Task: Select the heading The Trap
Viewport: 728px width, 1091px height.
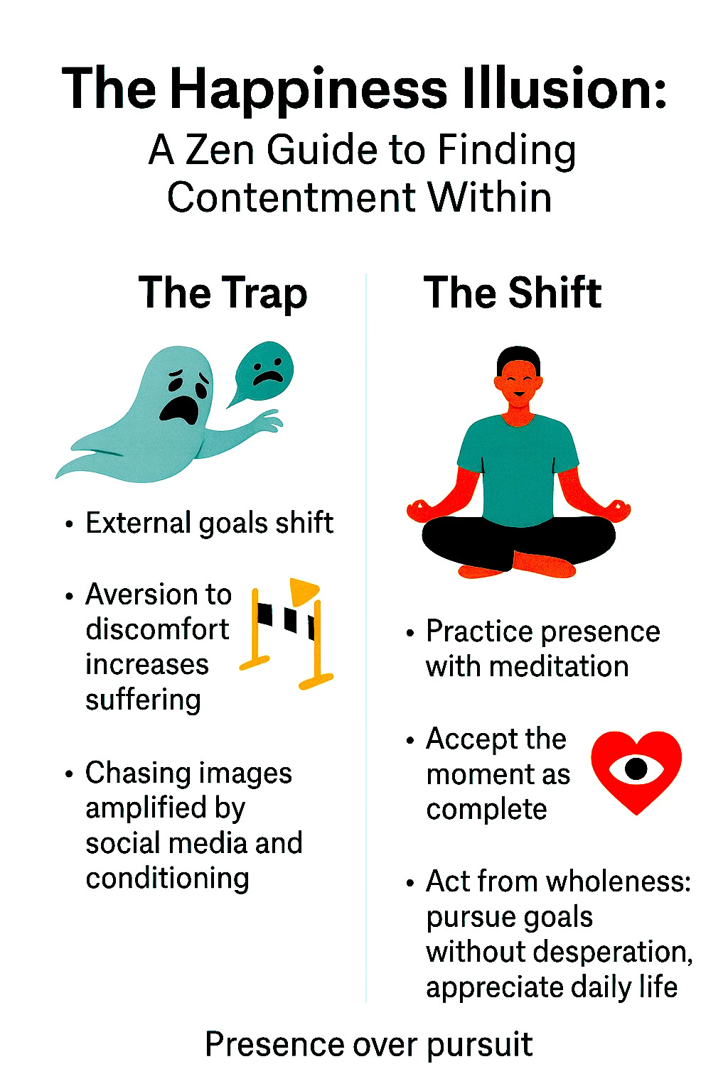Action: pos(223,293)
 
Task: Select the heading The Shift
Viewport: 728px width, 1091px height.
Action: pos(513,293)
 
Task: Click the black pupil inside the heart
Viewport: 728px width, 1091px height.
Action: pos(636,768)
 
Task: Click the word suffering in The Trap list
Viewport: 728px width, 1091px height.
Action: pos(143,700)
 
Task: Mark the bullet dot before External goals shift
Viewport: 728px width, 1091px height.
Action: pos(69,524)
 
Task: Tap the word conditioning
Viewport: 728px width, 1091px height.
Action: pos(167,879)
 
